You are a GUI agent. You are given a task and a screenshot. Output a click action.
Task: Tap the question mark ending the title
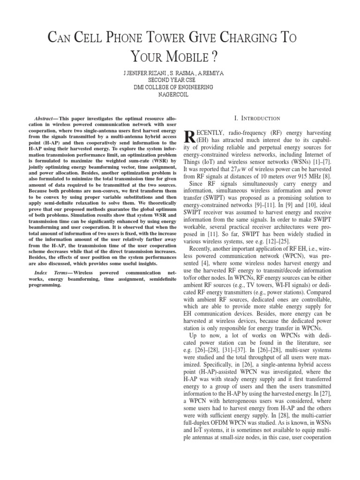pyautogui.click(x=215, y=57)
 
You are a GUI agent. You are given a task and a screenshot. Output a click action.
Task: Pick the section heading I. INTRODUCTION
pyautogui.click(x=260, y=119)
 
